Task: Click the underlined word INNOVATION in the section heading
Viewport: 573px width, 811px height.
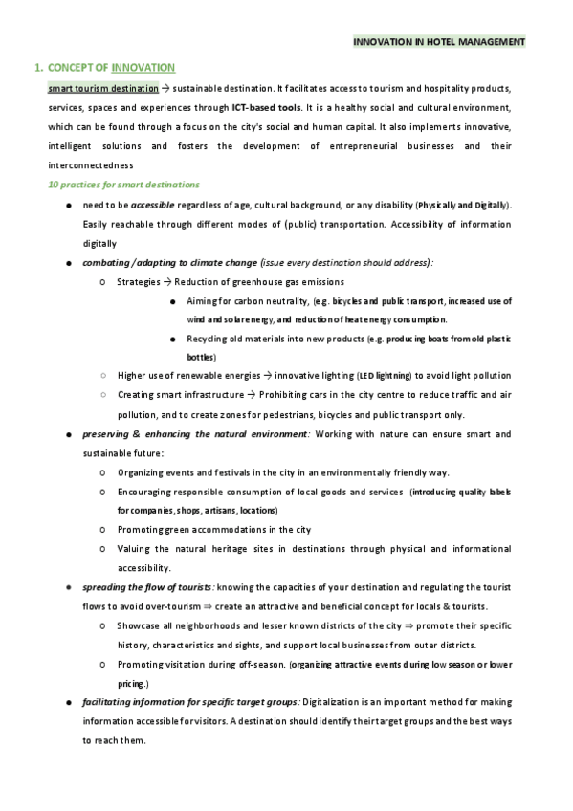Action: (x=143, y=68)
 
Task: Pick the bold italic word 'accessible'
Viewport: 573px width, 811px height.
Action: (x=152, y=205)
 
